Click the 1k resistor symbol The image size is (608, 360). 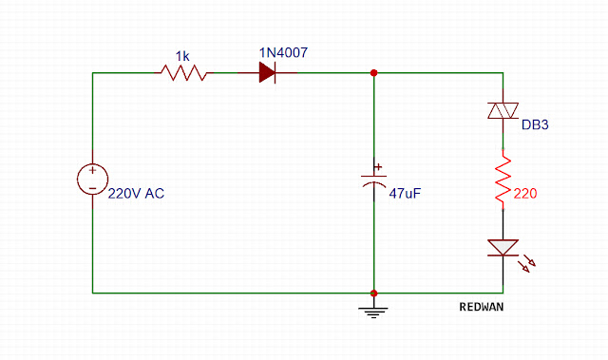[183, 72]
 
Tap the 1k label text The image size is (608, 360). [182, 56]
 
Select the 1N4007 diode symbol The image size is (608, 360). [268, 72]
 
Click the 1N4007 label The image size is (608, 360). [283, 52]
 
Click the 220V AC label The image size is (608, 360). [136, 194]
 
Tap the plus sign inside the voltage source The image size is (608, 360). [93, 171]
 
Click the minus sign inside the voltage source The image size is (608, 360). [93, 188]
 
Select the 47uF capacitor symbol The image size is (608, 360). [373, 180]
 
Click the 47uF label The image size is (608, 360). [405, 193]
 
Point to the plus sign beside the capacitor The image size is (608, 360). [378, 167]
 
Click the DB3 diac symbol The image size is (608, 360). [503, 111]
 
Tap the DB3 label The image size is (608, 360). [535, 124]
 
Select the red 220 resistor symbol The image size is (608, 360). [503, 180]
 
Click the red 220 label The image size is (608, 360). [525, 194]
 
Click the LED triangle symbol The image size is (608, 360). [503, 248]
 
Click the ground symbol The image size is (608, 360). [373, 312]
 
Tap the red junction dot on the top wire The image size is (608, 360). [373, 73]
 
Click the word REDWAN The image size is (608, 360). [482, 307]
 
